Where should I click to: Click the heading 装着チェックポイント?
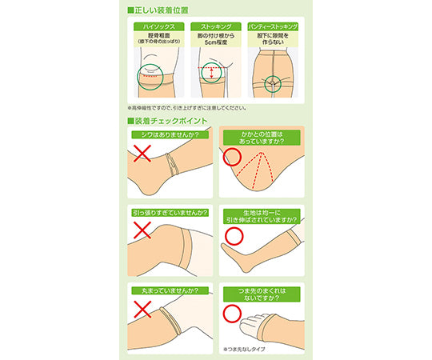pos(168,121)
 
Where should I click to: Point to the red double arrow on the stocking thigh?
pos(210,74)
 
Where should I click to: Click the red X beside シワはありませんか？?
pos(143,154)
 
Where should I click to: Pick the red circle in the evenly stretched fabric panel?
pos(233,235)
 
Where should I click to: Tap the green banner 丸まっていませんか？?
pos(164,291)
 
